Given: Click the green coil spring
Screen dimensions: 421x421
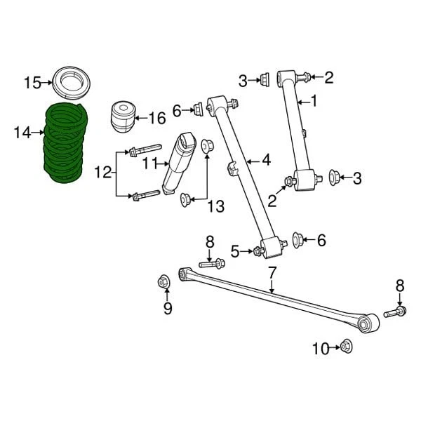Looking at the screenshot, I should [x=65, y=144].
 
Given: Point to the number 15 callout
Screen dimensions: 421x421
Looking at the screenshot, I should [x=32, y=83].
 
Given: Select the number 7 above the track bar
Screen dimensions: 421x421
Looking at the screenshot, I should [x=272, y=273].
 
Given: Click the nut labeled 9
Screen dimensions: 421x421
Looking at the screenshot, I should [x=163, y=282].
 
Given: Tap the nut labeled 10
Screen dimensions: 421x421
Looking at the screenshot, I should [x=345, y=346].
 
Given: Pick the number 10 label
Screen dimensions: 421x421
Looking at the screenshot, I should [x=321, y=348].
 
